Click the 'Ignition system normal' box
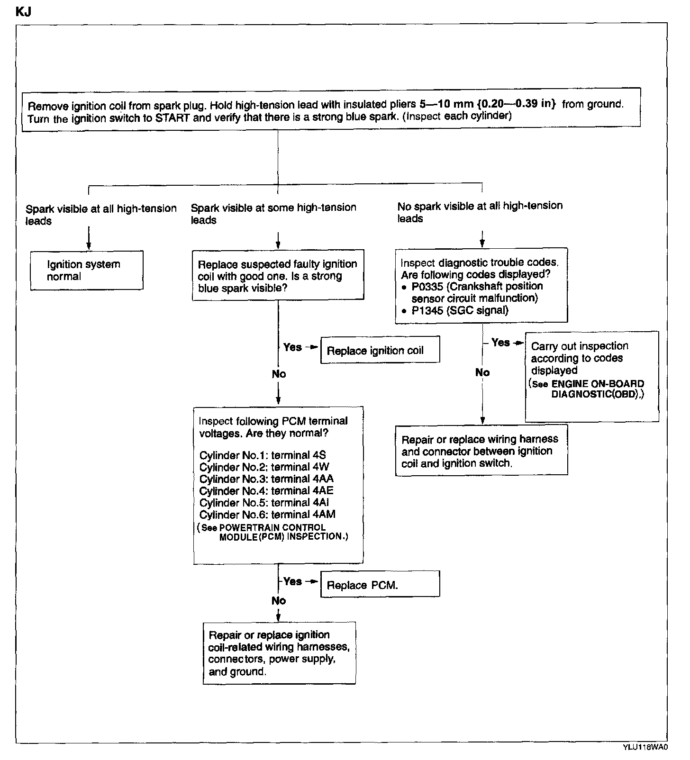[x=87, y=270]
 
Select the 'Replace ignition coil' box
[x=380, y=350]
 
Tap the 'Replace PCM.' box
[x=380, y=584]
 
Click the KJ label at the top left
[x=23, y=12]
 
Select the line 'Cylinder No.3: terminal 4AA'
[x=266, y=479]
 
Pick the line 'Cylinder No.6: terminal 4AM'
[x=267, y=515]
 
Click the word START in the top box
[x=172, y=118]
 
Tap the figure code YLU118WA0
[x=645, y=748]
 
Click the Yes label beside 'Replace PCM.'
[x=292, y=581]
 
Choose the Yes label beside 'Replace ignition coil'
[x=292, y=347]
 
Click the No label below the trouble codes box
[x=482, y=372]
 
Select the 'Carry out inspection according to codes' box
[x=591, y=376]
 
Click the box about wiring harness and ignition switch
[x=481, y=451]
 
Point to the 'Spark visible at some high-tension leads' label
[x=273, y=213]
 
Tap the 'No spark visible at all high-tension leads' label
[x=480, y=212]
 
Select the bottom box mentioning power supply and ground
[x=279, y=653]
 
